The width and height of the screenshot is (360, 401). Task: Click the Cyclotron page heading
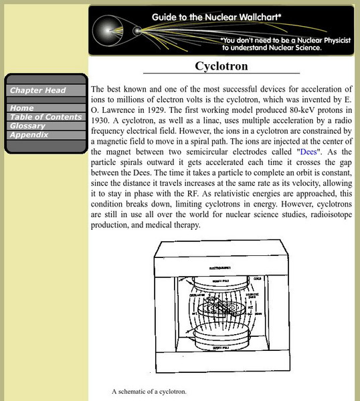pos(221,66)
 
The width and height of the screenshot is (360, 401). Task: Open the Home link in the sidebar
pos(22,108)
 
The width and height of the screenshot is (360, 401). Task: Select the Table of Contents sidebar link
pos(44,117)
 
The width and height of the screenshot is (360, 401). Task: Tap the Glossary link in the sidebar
pos(27,126)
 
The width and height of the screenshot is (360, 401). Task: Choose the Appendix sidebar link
pos(29,134)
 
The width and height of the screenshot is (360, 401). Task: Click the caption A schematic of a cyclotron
pos(149,391)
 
